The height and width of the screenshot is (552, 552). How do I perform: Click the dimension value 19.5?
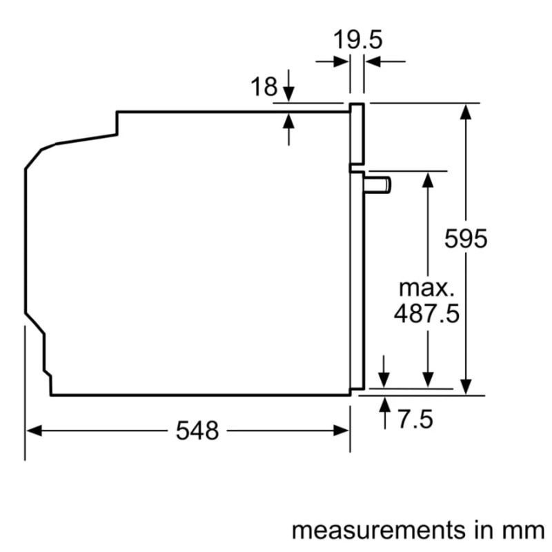pos(357,39)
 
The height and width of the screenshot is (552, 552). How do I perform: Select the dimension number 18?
pos(263,88)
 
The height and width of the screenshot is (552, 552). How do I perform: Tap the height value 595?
pos(466,239)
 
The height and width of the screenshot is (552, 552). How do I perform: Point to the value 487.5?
pos(426,314)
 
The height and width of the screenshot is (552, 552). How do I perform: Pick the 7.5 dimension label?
pos(415,418)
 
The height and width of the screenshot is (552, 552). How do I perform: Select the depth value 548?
pos(197,431)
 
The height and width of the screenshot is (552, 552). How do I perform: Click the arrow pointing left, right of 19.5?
pos(373,62)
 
